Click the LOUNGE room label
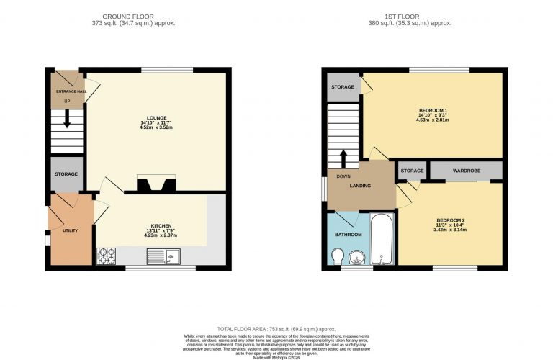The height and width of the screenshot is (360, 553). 156,118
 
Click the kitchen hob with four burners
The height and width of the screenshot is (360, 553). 107,256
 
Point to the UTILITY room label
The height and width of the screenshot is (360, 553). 69,230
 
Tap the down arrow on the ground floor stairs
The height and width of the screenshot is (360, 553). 66,122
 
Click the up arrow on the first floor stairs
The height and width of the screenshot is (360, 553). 343,157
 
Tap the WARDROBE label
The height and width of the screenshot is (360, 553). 466,171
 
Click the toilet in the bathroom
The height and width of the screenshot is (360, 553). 338,256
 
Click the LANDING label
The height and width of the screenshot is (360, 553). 360,186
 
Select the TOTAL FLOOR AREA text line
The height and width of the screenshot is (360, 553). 276,328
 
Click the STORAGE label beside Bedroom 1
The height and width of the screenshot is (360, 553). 343,87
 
